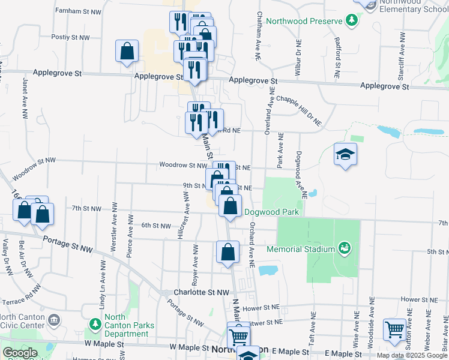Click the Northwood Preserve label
[x=303, y=21]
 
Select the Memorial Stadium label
[x=300, y=249]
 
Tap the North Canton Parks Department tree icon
[x=94, y=325]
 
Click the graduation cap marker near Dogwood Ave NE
[x=345, y=155]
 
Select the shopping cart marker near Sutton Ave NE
[x=394, y=330]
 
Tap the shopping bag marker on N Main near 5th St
[x=228, y=253]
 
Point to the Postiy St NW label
[x=71, y=37]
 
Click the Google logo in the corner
[x=20, y=353]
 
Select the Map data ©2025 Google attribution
[x=412, y=355]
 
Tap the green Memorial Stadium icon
[x=344, y=247]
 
